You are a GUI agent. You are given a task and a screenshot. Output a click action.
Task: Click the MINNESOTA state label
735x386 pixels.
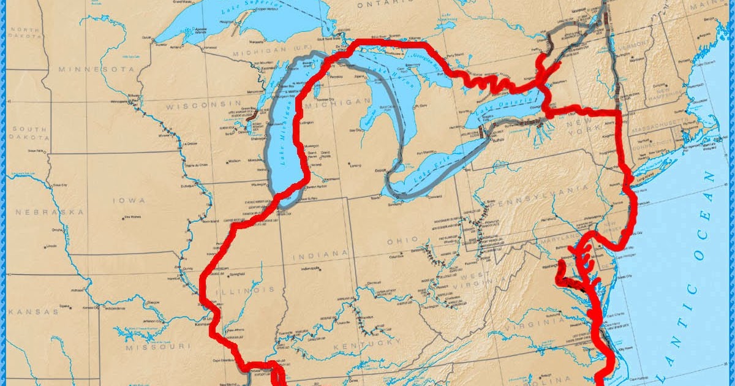96,69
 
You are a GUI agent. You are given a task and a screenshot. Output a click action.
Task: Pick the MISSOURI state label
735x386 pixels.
155,347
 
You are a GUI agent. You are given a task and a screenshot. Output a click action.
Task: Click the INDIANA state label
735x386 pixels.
315,254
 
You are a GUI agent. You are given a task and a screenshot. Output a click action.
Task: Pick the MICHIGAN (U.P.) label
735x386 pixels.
256,54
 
